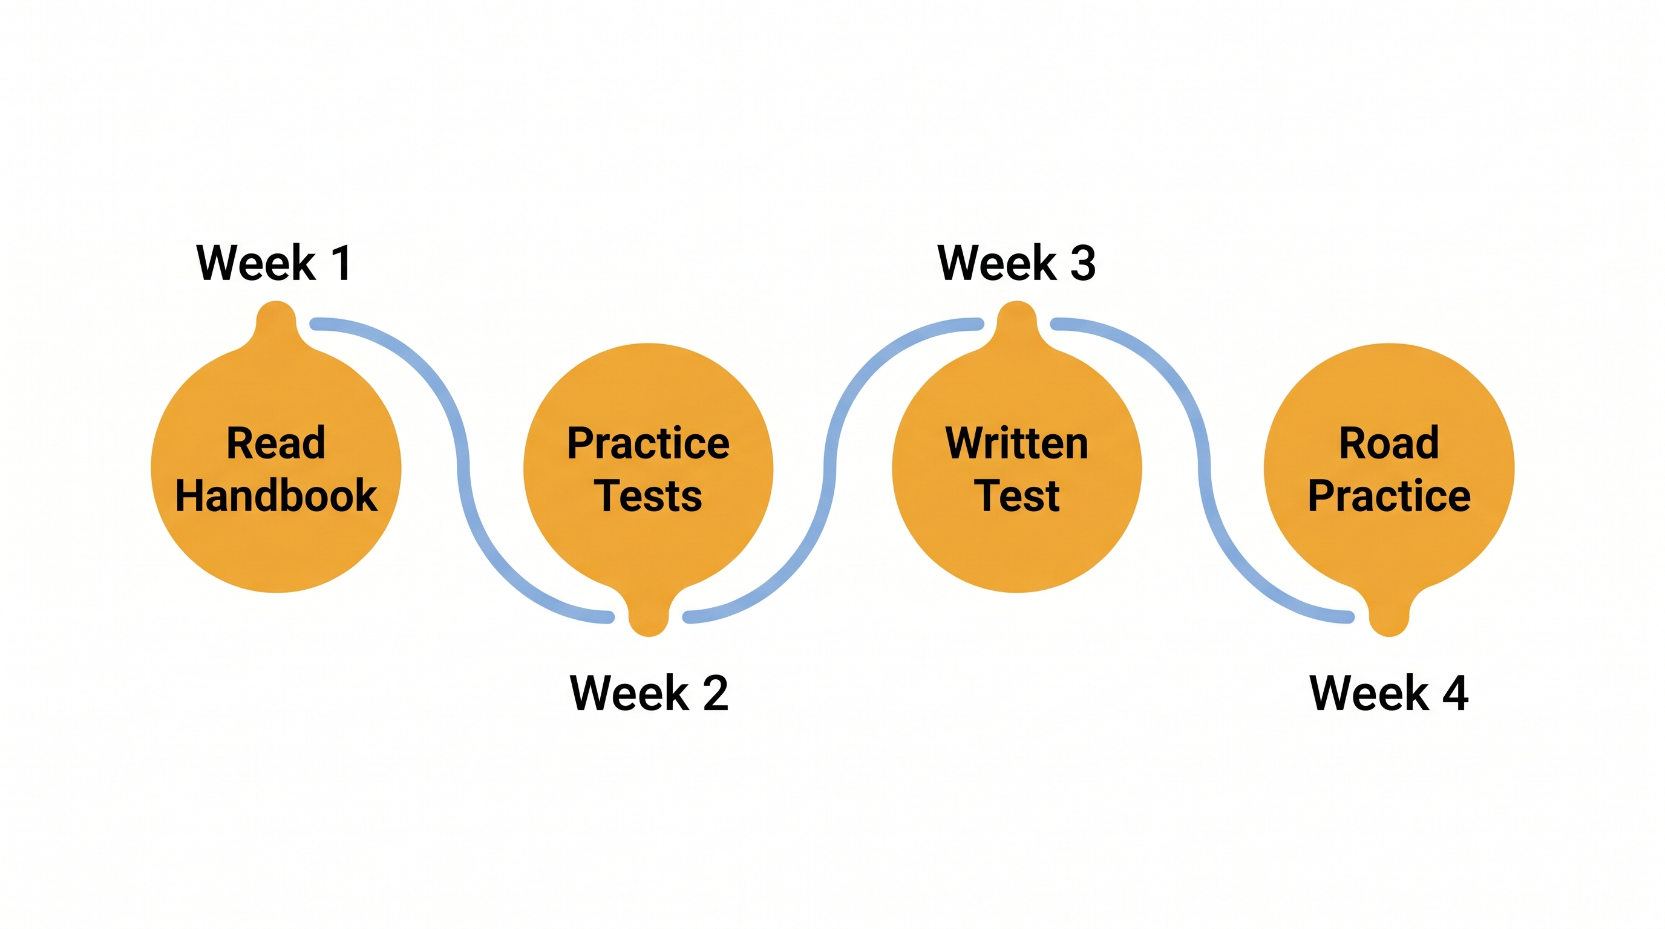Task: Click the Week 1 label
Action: [274, 263]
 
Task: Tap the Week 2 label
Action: [649, 693]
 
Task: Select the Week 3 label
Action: [1016, 263]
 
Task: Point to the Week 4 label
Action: [1389, 693]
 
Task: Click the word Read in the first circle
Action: [275, 443]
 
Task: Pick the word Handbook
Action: [276, 496]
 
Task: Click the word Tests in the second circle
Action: [649, 496]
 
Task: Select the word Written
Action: [1016, 443]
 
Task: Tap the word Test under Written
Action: [1016, 496]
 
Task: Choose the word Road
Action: [1389, 443]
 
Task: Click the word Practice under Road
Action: [1389, 496]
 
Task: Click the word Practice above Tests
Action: [649, 443]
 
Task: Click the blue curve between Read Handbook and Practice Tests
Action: [463, 468]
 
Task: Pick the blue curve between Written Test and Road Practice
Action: [1203, 468]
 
